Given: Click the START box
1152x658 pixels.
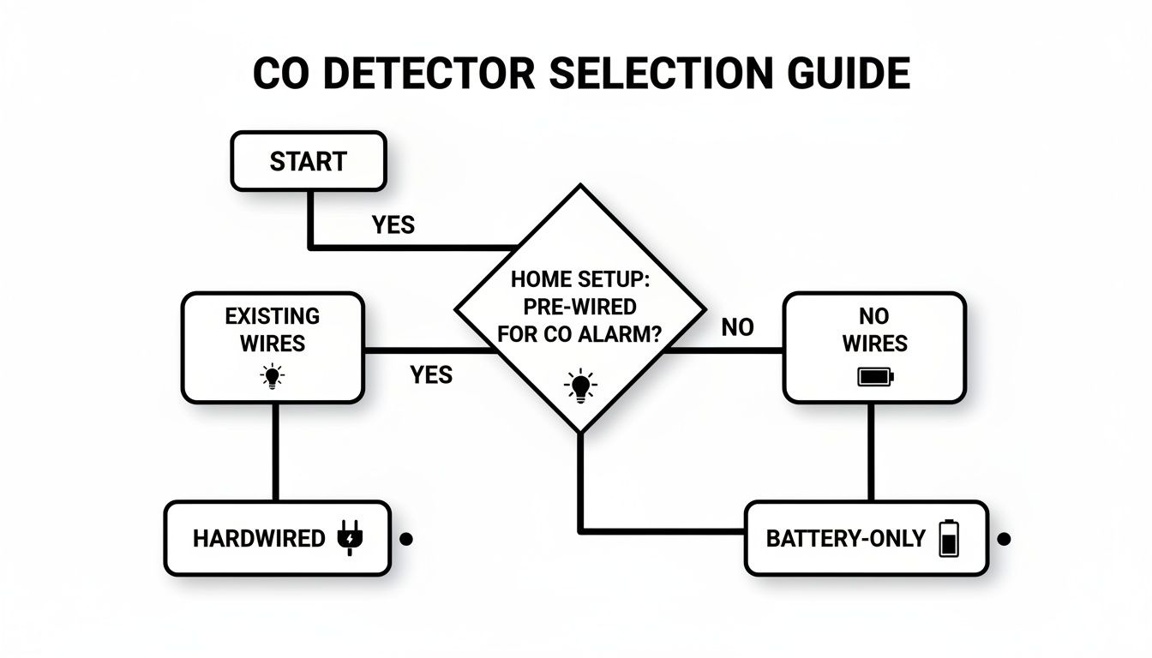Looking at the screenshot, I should point(308,161).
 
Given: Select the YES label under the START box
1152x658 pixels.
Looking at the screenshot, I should point(393,224).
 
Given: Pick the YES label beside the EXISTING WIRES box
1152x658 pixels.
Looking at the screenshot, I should point(430,374).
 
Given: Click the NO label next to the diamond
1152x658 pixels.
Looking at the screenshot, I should point(737,327).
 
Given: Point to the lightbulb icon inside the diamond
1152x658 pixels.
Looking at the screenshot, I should point(580,385).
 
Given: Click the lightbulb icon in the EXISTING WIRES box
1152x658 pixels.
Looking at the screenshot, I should point(273,375).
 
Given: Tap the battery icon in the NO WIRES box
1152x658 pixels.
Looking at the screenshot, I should point(874,375).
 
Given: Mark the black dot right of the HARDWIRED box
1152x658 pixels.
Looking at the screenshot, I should point(407,539).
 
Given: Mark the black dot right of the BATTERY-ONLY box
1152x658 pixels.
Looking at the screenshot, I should point(1005,539).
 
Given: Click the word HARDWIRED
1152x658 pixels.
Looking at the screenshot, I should point(259,539).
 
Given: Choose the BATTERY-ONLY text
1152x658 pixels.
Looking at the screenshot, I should point(845,539).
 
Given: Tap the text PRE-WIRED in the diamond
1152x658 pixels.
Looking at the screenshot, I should point(580,307).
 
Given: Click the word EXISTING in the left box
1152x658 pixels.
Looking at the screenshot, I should point(272,316).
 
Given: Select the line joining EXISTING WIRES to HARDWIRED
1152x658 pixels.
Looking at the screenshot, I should point(274,452).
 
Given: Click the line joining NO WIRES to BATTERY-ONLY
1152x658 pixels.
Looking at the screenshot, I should point(871,452).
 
